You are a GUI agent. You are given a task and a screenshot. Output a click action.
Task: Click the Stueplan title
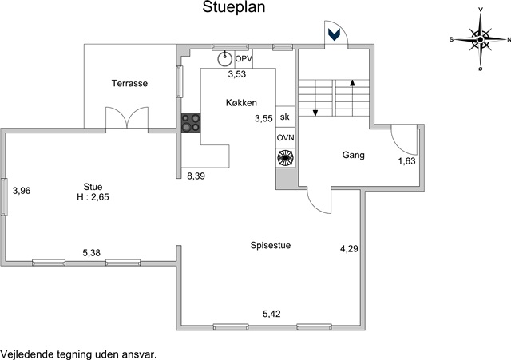click(x=234, y=7)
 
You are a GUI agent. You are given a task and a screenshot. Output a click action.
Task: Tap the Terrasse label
click(x=129, y=83)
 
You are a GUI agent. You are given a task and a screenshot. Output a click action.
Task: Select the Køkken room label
click(x=241, y=103)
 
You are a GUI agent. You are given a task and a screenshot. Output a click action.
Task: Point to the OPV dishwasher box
click(x=244, y=59)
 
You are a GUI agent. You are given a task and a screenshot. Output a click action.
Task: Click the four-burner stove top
click(x=191, y=123)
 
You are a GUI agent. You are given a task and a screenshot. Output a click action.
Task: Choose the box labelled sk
click(x=285, y=117)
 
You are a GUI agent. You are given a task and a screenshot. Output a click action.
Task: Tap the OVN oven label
click(x=286, y=138)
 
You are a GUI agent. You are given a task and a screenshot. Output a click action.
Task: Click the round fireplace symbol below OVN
click(x=286, y=158)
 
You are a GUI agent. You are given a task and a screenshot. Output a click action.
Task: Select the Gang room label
click(x=353, y=155)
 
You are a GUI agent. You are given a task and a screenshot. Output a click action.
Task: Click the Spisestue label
click(x=271, y=245)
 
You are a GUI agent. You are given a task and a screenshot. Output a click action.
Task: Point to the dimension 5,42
click(x=271, y=314)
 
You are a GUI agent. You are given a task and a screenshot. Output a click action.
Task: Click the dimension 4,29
click(x=349, y=249)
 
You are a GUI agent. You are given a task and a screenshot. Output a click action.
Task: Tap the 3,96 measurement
click(x=22, y=191)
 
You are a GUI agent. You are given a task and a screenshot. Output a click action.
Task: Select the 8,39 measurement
click(x=196, y=176)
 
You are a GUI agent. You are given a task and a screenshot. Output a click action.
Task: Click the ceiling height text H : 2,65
click(x=93, y=197)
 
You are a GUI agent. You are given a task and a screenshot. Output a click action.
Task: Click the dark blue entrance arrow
click(x=334, y=34)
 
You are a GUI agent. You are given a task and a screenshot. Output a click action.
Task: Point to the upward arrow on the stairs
click(x=352, y=97)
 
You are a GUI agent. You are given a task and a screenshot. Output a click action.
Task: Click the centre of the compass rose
click(x=480, y=39)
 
